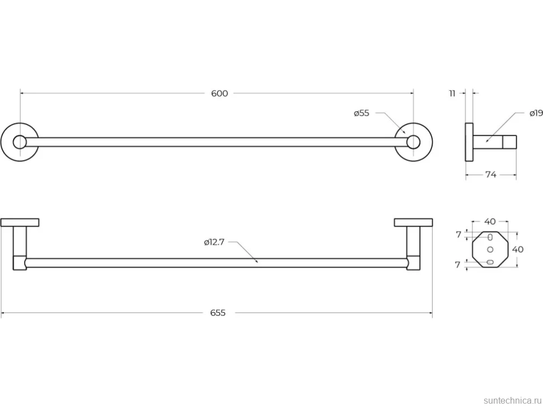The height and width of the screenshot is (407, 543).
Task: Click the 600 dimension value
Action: [219, 93]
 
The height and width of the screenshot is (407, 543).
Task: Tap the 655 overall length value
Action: [218, 313]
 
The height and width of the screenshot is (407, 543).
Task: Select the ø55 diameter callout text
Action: [362, 113]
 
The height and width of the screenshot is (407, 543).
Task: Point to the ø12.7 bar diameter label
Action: [214, 242]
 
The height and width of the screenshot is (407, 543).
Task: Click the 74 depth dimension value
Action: [491, 175]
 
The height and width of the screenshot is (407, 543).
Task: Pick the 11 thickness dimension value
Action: [452, 93]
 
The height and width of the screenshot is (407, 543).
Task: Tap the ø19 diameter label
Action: [536, 113]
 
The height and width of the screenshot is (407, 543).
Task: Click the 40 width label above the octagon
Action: [490, 221]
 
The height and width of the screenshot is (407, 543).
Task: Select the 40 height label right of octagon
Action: [518, 249]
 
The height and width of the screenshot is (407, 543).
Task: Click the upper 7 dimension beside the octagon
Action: [458, 235]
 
